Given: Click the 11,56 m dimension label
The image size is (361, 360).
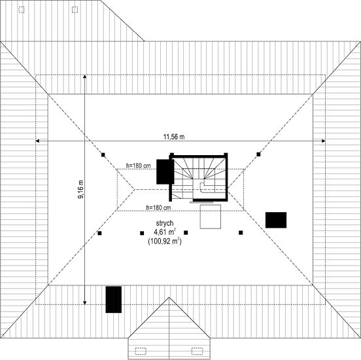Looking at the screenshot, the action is click(174, 137).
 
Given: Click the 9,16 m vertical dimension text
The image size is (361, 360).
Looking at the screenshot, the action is click(81, 189).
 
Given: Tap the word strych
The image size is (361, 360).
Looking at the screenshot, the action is click(165, 223).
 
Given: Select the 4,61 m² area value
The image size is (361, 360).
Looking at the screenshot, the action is click(165, 232).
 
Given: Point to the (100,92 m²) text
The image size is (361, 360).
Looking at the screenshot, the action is click(165, 242).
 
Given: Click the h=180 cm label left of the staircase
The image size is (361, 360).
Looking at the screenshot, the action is click(139, 166).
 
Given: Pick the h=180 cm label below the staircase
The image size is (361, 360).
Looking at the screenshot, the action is click(159, 207).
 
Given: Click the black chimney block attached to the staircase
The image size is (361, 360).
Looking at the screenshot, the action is click(165, 171).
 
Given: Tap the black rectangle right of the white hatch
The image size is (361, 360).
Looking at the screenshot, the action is click(276, 220).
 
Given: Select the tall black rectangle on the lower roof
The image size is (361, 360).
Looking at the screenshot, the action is click(114, 300).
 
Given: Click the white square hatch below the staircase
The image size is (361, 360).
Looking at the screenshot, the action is click(211, 217).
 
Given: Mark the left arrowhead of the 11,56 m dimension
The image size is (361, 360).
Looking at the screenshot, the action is click(37, 141).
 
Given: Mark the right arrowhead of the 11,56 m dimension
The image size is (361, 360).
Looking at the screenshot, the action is click(324, 141).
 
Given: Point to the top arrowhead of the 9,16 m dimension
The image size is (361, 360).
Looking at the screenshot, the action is click(85, 77).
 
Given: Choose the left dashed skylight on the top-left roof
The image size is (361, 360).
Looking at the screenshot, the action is click(22, 10).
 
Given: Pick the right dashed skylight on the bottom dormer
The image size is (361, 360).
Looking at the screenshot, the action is click(198, 351).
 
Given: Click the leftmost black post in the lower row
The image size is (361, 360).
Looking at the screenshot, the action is click(99, 233).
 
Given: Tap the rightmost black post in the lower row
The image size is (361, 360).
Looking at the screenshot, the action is click(241, 233).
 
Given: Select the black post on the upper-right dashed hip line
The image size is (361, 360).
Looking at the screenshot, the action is click(258, 154).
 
